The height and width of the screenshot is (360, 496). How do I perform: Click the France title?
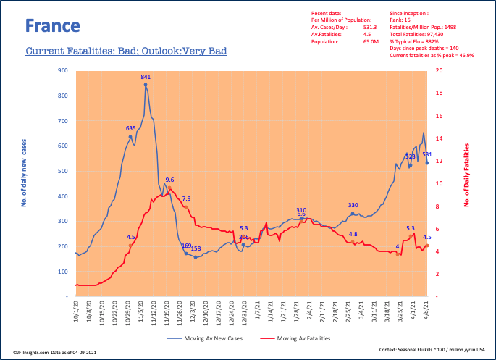tap(52, 27)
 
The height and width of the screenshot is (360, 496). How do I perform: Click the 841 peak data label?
tap(146, 77)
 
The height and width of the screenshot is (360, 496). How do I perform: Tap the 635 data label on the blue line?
tap(130, 128)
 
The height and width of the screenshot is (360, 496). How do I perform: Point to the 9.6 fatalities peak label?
tap(169, 180)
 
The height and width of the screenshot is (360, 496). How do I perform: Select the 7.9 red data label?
tap(186, 198)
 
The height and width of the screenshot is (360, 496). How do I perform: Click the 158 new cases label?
tap(196, 248)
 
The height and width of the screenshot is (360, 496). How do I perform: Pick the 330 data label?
tap(353, 206)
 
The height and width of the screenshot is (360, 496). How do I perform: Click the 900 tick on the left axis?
tap(62, 71)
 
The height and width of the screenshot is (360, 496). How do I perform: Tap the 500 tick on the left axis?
tap(62, 171)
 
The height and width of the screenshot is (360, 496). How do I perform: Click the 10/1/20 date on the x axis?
tap(76, 313)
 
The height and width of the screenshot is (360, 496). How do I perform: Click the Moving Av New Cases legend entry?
tap(213, 338)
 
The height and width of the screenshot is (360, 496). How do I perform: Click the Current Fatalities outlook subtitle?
tap(126, 51)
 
